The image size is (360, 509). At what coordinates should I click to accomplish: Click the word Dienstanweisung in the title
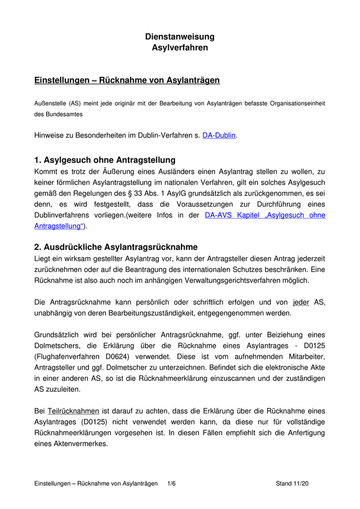[179, 37]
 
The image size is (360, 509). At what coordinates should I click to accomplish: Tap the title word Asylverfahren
[180, 48]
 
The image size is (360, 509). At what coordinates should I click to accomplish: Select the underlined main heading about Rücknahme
[127, 81]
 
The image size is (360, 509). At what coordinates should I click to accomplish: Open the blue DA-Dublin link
[219, 136]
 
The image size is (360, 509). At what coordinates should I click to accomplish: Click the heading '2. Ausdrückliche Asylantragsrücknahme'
[116, 247]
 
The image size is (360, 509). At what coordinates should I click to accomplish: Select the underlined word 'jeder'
[301, 302]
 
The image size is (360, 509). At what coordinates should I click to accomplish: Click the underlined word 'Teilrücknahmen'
[73, 411]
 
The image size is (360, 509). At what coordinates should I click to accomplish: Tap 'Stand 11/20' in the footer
[292, 484]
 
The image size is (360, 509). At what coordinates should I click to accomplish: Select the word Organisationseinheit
[291, 103]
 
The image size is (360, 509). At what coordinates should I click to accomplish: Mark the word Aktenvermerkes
[80, 444]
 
